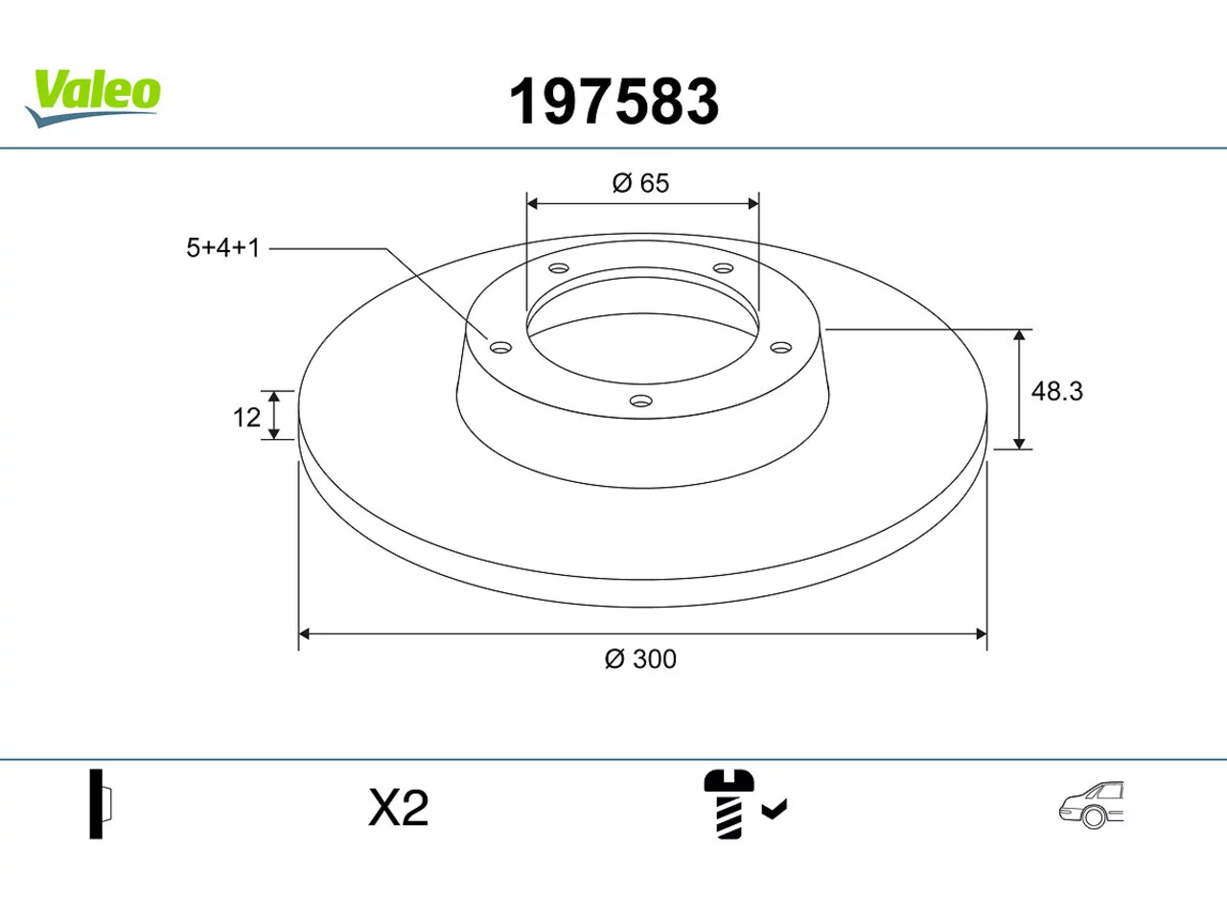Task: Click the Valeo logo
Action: point(93,99)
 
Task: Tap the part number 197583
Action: point(613,102)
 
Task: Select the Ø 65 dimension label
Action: point(640,183)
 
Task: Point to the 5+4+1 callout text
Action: point(223,247)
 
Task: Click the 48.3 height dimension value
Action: point(1056,391)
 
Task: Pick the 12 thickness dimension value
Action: point(246,417)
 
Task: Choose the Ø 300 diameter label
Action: point(640,659)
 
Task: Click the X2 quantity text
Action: point(399,808)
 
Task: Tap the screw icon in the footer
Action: point(729,804)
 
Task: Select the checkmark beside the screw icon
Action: point(775,809)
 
